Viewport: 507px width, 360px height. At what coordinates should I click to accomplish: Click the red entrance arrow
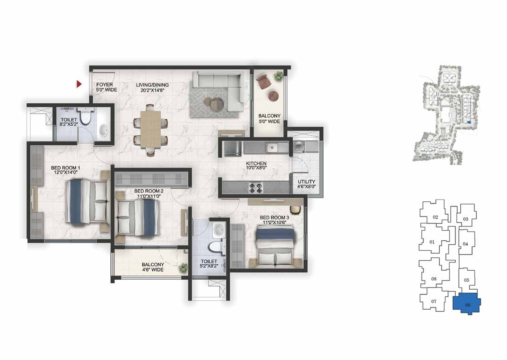click(79, 84)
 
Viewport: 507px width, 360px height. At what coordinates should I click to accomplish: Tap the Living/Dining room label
click(152, 88)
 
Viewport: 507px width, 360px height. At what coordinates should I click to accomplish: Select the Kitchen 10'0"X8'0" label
click(256, 166)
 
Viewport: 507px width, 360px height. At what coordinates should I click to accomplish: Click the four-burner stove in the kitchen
click(255, 188)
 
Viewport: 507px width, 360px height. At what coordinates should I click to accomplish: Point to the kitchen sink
click(277, 148)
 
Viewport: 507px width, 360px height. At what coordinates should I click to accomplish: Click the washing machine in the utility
click(298, 146)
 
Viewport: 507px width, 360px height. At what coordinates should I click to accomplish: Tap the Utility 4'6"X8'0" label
click(306, 184)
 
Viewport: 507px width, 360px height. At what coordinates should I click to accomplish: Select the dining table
click(151, 130)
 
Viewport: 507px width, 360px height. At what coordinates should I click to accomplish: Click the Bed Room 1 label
click(65, 170)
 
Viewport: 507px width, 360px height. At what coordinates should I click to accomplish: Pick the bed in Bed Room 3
click(275, 247)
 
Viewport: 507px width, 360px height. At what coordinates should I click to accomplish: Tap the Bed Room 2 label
click(149, 193)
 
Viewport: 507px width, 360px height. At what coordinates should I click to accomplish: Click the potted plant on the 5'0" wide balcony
click(278, 76)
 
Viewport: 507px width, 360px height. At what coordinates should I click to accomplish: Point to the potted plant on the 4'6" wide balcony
click(183, 268)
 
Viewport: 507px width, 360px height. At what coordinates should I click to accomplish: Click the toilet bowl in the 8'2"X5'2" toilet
click(86, 117)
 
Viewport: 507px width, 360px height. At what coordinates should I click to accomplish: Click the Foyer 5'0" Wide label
click(106, 87)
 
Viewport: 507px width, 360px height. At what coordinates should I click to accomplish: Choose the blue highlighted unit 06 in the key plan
click(466, 303)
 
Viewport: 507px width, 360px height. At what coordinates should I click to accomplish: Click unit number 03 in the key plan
click(465, 219)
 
